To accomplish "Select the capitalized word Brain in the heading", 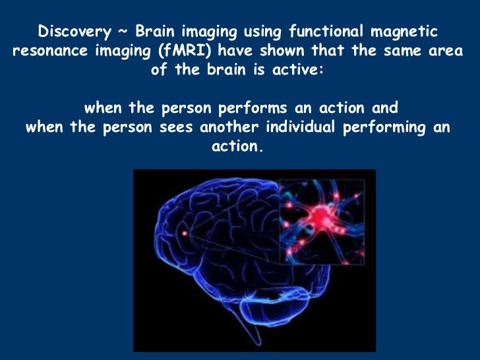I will click(x=154, y=32).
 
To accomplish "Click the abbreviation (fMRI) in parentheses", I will click(x=177, y=51).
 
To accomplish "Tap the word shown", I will click(x=287, y=51).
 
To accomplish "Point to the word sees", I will click(x=175, y=127).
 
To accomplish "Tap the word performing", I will click(x=384, y=127).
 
